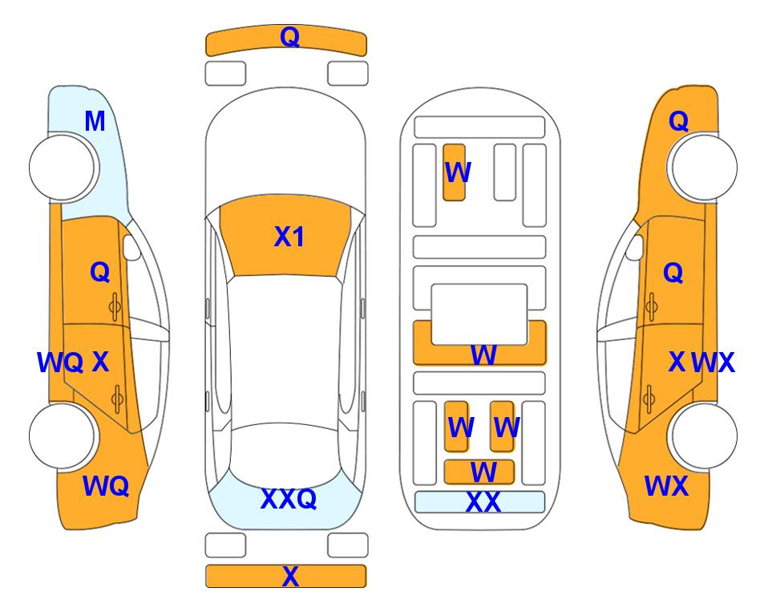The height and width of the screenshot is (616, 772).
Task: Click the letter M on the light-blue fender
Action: (x=95, y=121)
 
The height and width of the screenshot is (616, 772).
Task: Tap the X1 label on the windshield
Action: (x=289, y=237)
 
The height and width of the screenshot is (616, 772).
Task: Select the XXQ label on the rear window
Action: (x=289, y=499)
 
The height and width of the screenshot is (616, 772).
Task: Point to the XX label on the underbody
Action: (x=483, y=502)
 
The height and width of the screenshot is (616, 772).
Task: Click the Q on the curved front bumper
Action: (x=290, y=37)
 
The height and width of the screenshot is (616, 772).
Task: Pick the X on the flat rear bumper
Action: (x=290, y=576)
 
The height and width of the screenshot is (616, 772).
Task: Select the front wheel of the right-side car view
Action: (x=704, y=168)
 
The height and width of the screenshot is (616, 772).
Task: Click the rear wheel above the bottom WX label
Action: (x=704, y=436)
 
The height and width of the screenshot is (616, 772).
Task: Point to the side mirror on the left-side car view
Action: (x=131, y=247)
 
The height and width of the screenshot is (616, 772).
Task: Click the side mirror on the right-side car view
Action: (x=635, y=247)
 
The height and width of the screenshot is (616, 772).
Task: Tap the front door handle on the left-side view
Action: (x=115, y=307)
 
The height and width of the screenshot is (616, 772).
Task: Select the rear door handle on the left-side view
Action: (x=117, y=399)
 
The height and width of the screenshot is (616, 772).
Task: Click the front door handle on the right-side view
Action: (x=652, y=307)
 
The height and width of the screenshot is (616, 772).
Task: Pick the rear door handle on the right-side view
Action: (x=649, y=399)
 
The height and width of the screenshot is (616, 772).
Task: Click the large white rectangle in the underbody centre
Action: (x=479, y=314)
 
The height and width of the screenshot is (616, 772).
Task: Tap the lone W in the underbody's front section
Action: (x=458, y=172)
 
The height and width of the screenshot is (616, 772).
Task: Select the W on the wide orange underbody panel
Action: (x=483, y=355)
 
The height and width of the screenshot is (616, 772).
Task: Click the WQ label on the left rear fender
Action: (x=106, y=486)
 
